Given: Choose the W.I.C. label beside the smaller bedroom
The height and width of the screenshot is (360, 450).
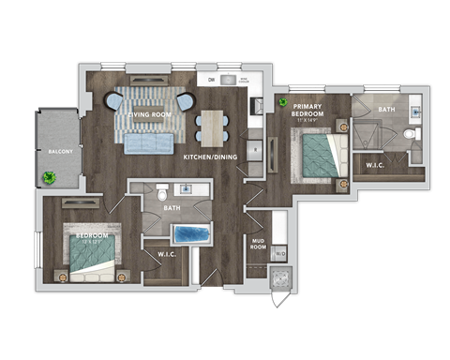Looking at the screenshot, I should click(x=168, y=253).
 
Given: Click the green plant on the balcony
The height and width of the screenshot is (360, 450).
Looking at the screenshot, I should click(x=49, y=176).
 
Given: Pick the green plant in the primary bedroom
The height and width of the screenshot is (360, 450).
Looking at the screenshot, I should click(x=281, y=101).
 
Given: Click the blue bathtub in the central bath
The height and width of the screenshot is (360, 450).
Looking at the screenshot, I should click(x=192, y=233).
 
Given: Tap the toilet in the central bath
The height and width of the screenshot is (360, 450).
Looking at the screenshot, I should click(x=162, y=187).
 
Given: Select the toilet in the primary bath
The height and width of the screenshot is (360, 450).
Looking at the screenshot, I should click(x=409, y=134).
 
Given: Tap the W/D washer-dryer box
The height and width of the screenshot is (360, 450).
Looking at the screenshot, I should click(x=279, y=253).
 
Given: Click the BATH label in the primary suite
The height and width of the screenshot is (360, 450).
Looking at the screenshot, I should click(x=386, y=110).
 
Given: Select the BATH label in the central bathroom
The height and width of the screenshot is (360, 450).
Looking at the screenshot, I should click(x=172, y=208).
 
